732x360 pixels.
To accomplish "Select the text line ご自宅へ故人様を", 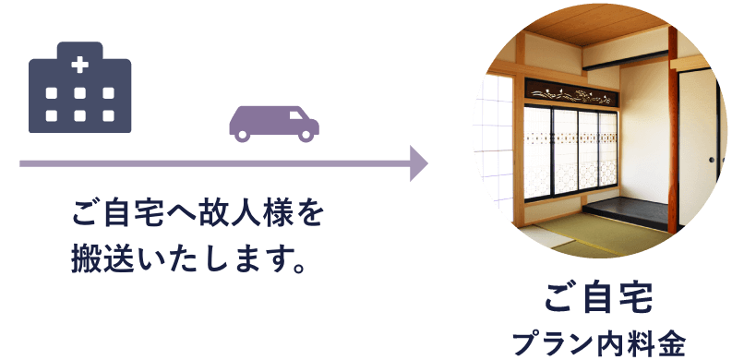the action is (x=198, y=215).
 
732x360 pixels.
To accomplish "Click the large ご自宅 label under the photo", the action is (x=599, y=298).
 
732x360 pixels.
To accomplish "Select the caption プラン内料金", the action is (x=599, y=341).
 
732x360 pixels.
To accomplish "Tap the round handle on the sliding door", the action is (x=712, y=159).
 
